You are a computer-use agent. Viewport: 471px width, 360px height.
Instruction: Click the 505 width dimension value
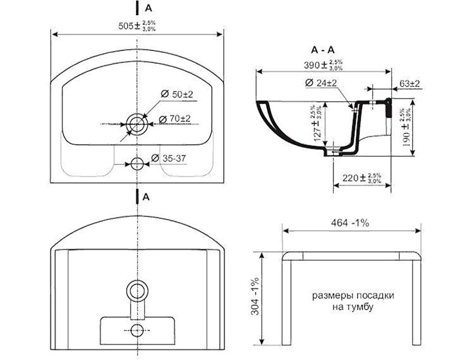(x=137, y=26)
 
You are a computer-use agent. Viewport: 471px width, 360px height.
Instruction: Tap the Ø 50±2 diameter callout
(x=177, y=94)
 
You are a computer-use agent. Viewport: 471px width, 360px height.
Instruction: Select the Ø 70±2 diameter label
(x=174, y=119)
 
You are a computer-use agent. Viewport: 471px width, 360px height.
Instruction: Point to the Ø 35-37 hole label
(x=168, y=158)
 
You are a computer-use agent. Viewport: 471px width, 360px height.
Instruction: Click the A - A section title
(x=322, y=50)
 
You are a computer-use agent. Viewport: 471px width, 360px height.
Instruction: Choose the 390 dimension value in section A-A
(x=323, y=65)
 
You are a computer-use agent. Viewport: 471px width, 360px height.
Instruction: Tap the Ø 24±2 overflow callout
(x=321, y=82)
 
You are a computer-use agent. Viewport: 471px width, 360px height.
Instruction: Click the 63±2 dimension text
(x=409, y=84)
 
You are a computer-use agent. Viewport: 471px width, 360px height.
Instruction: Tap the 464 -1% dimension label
(x=350, y=223)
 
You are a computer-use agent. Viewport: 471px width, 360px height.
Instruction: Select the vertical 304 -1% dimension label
(x=255, y=296)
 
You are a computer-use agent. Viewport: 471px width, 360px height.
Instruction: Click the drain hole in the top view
(x=137, y=124)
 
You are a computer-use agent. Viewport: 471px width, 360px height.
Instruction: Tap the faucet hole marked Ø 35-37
(x=137, y=164)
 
